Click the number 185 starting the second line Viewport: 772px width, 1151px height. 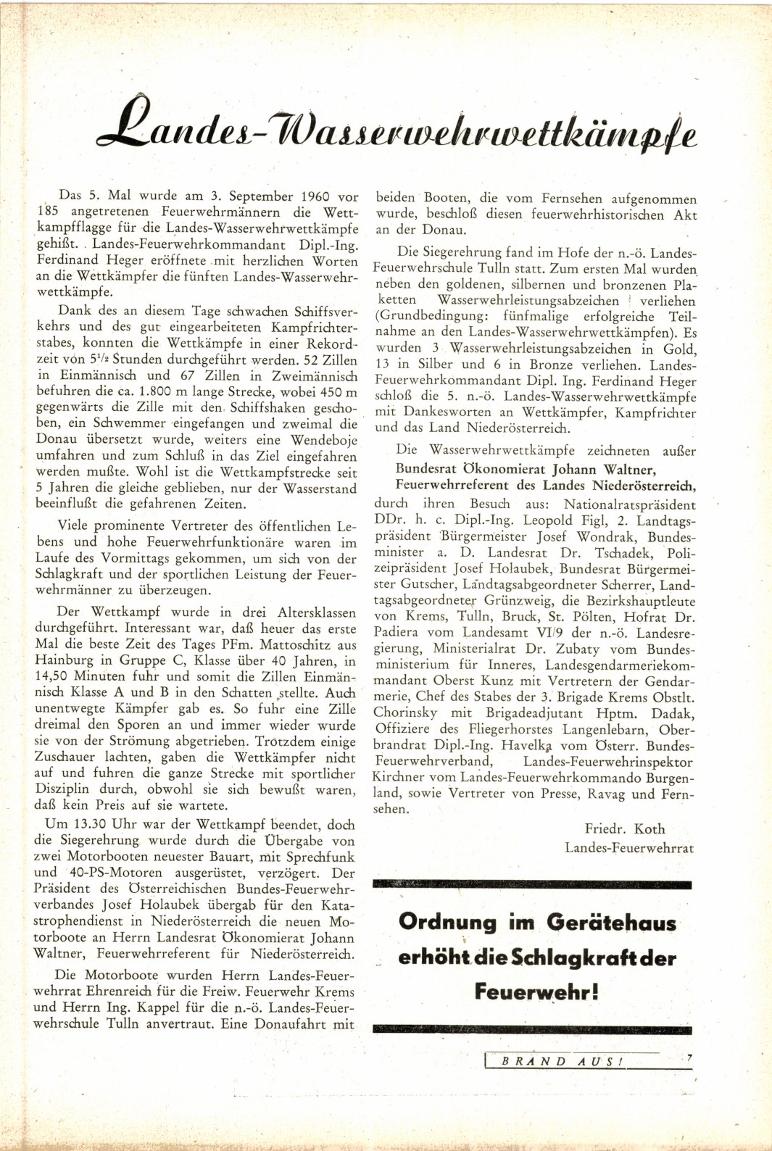[48, 212]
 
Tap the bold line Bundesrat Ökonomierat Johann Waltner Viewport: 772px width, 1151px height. [526, 469]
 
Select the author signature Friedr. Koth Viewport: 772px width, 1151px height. [624, 829]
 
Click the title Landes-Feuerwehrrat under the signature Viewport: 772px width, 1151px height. [628, 848]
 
